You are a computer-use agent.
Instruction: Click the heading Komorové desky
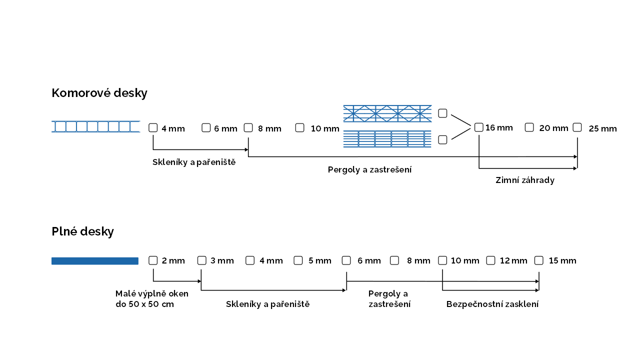coord(99,93)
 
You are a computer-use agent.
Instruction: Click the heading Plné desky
coord(82,231)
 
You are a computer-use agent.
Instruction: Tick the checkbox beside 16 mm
coord(478,127)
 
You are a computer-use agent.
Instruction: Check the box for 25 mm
coord(577,127)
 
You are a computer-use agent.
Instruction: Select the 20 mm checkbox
coord(529,127)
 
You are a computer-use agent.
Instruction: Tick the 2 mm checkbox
coord(153,260)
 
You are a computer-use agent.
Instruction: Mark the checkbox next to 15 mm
coord(538,260)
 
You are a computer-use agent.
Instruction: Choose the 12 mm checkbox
coord(490,260)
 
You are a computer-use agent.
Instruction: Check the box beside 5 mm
coord(298,260)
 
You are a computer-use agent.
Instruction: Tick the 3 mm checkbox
coord(201,260)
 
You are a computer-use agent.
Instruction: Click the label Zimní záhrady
coord(524,180)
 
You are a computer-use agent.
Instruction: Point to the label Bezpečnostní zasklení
coord(492,304)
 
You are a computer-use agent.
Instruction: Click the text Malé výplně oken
coord(152,293)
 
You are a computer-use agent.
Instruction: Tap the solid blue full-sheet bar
coord(94,260)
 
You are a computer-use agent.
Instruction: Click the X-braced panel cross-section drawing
coord(387,113)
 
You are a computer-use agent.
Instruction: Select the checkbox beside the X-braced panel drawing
coord(442,113)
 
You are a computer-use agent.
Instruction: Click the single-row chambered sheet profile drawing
coord(95,126)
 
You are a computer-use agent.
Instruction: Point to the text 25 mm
coord(602,128)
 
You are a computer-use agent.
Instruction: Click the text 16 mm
coord(499,127)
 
